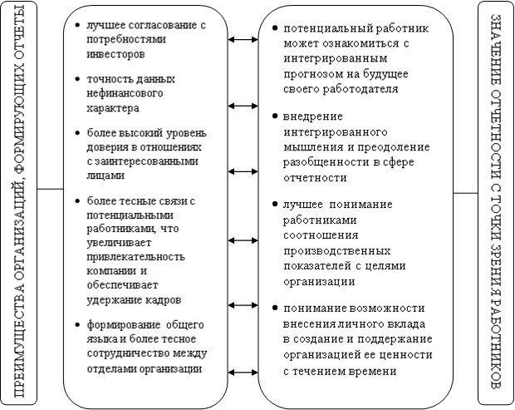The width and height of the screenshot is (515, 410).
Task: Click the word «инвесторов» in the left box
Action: [x=115, y=54]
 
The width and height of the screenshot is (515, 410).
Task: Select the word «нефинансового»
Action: [x=125, y=93]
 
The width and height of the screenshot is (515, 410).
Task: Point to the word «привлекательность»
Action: [x=136, y=256]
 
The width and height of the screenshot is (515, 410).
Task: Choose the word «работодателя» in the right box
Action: [x=360, y=89]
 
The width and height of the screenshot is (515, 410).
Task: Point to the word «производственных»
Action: [x=337, y=251]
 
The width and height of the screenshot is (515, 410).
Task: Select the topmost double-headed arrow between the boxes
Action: [x=243, y=40]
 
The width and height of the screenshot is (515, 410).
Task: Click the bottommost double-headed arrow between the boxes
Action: [x=243, y=373]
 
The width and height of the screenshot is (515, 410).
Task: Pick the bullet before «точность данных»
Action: [x=77, y=79]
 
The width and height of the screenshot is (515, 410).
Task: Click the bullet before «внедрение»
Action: [x=275, y=116]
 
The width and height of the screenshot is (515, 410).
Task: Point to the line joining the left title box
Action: [x=50, y=189]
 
